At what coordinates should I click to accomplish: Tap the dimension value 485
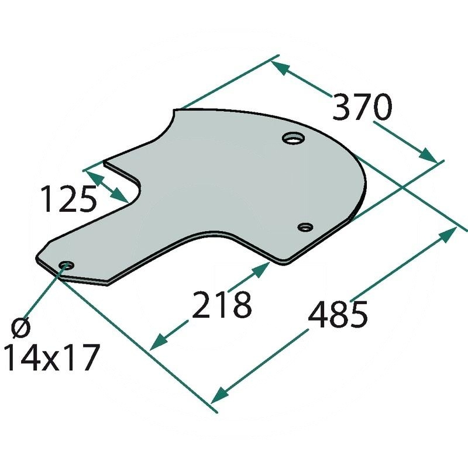tap(338, 314)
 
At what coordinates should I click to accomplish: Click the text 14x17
tap(49, 357)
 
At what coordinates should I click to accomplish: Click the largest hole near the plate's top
tap(293, 139)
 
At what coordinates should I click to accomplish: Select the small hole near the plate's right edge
tap(305, 227)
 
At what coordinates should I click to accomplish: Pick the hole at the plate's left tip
tap(66, 266)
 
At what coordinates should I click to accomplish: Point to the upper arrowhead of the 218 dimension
tap(261, 269)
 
